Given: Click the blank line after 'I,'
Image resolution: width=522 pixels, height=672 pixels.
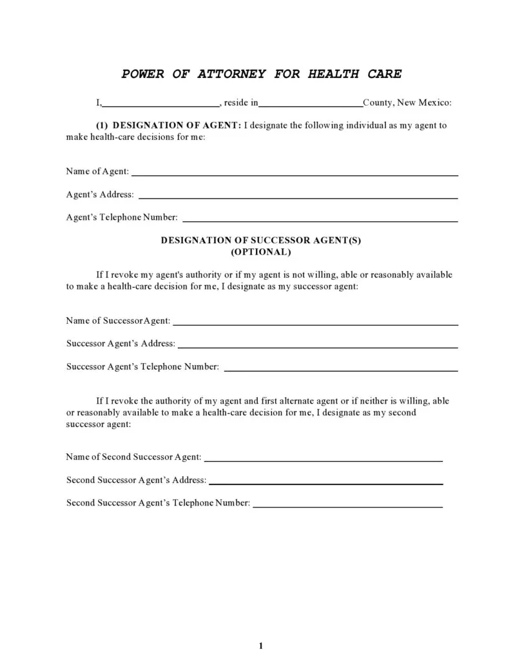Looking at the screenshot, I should pos(161,103).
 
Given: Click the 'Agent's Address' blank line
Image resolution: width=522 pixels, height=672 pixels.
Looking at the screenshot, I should pos(298,197).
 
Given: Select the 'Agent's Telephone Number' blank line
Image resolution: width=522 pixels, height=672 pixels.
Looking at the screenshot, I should pos(320,220).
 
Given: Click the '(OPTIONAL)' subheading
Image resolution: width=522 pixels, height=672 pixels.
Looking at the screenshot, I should pos(261,252).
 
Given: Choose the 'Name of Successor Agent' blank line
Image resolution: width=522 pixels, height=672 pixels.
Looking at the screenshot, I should pos(316,323).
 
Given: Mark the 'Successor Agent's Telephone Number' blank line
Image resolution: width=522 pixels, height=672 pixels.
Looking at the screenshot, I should pos(340,370).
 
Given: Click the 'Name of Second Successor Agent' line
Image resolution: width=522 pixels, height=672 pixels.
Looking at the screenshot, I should pos(324,460).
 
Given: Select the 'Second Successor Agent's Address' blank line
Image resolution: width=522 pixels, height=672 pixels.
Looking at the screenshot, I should pos(326,482).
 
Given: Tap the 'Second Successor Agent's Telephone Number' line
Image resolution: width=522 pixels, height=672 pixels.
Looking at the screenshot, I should pos(348,506).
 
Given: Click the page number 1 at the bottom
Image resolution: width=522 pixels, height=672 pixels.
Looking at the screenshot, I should pos(261,646).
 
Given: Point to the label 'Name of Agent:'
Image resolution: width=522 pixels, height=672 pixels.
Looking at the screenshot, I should pos(97,172).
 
